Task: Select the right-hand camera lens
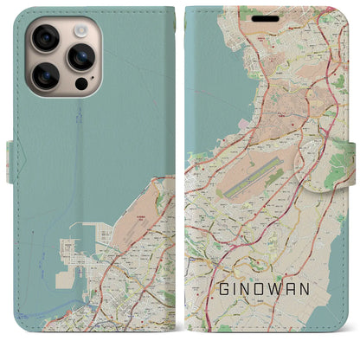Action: coord(81,57)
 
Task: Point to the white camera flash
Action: coord(81,28)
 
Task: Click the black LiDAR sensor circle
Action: coord(80,86)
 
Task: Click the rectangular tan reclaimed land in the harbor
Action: coord(63,280)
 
